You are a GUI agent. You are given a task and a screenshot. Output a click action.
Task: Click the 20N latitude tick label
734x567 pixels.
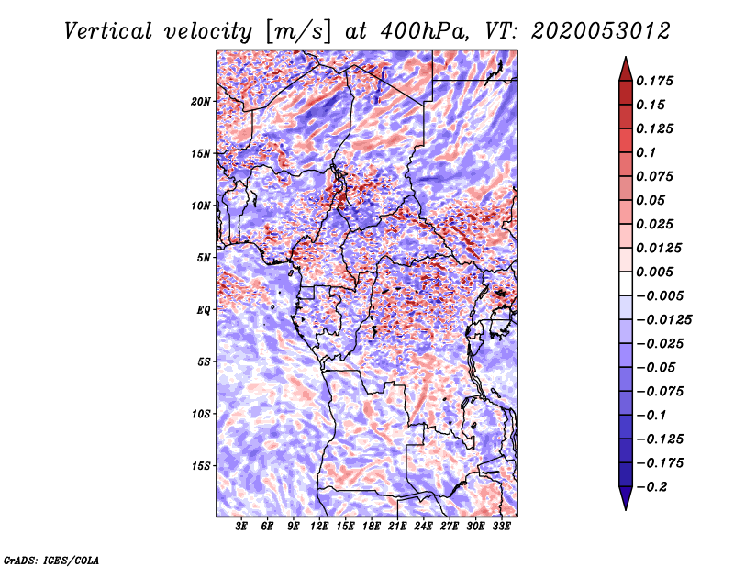tap(201, 101)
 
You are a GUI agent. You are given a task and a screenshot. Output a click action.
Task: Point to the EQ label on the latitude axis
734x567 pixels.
tap(204, 309)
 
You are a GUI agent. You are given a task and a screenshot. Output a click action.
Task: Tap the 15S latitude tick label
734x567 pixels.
tap(201, 465)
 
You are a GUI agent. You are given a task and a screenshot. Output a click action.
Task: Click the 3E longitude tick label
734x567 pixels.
tap(242, 528)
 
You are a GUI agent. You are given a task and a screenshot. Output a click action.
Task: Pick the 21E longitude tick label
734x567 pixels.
tap(397, 528)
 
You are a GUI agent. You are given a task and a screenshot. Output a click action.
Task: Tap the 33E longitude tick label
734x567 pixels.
tap(501, 528)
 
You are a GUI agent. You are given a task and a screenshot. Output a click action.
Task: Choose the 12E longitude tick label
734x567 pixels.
tap(319, 528)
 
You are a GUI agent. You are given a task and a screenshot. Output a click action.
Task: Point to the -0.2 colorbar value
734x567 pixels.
tap(654, 486)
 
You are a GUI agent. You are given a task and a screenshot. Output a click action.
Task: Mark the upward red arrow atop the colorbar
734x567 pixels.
tap(624, 67)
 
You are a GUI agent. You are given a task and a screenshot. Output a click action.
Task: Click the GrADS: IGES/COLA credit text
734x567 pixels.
tap(50, 559)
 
